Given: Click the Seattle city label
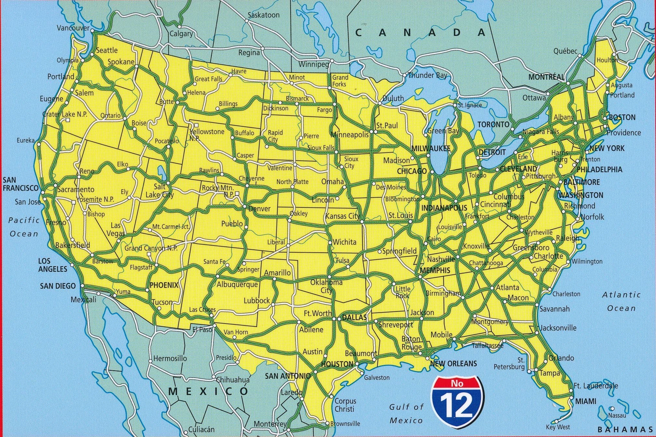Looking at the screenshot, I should [x=107, y=50].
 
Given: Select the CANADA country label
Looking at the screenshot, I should [x=420, y=32].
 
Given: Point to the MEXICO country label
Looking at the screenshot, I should [x=208, y=391].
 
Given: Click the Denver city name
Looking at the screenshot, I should [x=259, y=209].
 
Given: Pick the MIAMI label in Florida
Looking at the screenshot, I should [x=586, y=401].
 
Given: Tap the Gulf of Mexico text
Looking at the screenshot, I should [x=407, y=414].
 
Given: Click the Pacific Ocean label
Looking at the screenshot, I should [x=24, y=227].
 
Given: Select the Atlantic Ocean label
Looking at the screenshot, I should [x=621, y=301].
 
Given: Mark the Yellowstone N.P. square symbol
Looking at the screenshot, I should [x=197, y=125].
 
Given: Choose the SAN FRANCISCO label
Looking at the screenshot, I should [x=20, y=184].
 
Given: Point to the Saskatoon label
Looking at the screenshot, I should [x=264, y=15].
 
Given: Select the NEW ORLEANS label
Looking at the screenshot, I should [x=453, y=364].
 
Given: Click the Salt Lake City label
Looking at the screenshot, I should [x=159, y=191].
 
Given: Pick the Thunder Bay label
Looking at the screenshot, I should [x=427, y=75].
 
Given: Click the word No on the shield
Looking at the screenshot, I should [x=457, y=384].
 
